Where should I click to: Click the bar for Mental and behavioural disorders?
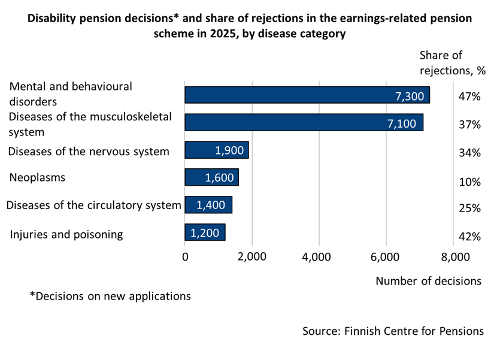pos(307,95)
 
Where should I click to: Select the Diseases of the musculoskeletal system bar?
pos(304,122)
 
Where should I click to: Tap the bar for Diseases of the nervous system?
pos(216,150)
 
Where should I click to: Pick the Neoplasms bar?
pos(211,177)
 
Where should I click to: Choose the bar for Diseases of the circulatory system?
pos(208,205)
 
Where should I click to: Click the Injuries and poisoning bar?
pos(205,232)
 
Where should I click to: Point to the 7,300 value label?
pos(410,96)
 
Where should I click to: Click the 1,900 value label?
pos(229,150)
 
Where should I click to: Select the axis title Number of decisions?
pos(428,281)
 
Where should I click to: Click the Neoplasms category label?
pos(37,178)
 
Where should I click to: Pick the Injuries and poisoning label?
pos(66,234)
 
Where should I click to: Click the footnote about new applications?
pos(110,296)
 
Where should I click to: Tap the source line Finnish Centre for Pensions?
pos(393,331)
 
